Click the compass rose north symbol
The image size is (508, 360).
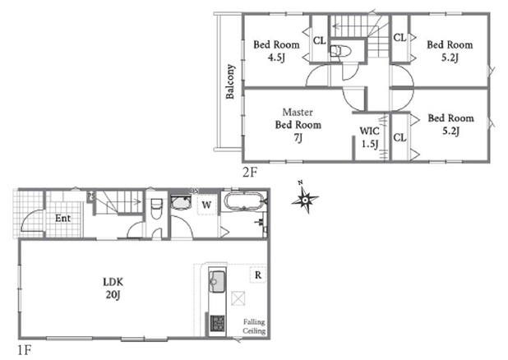(304, 198)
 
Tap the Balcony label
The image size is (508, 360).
(230, 81)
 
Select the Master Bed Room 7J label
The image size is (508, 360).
(298, 125)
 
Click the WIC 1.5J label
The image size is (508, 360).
(370, 137)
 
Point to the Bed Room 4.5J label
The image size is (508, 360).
(276, 51)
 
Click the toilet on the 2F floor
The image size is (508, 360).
(341, 51)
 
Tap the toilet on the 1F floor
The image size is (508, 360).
(156, 208)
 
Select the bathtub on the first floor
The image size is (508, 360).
(243, 202)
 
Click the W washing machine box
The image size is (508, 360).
(206, 205)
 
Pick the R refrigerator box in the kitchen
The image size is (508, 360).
(258, 275)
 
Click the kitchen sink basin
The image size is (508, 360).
(217, 280)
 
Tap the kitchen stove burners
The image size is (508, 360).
(217, 323)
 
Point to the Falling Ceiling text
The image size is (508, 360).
(254, 326)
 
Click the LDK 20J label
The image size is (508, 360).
(113, 288)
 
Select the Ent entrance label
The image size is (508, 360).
(62, 218)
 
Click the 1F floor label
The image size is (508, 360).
(24, 350)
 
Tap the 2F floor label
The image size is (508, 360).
(250, 172)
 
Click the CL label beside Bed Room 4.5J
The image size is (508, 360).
(320, 40)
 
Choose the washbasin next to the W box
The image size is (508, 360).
(180, 202)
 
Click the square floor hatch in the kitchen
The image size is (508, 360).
(238, 298)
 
